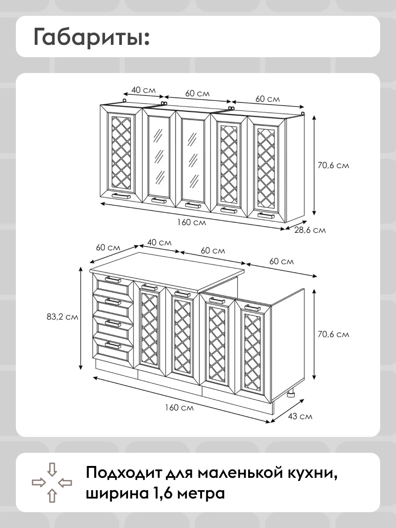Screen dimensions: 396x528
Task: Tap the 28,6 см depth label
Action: tap(310, 230)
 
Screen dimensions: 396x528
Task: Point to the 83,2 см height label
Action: tap(62, 317)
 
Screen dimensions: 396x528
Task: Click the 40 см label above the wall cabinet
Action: tap(143, 90)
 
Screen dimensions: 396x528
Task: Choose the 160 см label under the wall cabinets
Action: tap(192, 222)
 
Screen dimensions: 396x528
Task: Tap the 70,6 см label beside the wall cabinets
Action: tap(333, 165)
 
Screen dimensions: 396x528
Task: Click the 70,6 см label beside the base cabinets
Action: tap(333, 334)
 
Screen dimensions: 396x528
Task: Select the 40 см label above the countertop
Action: tap(159, 242)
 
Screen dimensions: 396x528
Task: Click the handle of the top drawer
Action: tap(113, 279)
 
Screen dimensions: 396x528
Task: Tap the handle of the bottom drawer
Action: tap(113, 346)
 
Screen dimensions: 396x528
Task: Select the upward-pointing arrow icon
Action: tap(52, 495)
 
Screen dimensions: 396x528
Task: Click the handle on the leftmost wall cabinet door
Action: tap(121, 195)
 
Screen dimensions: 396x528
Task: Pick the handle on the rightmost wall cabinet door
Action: tap(266, 215)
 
